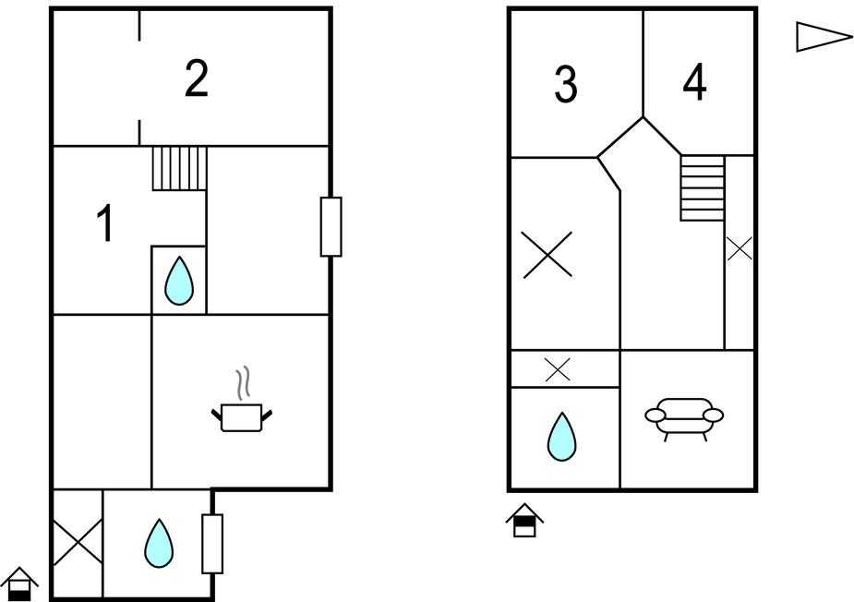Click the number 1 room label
pyautogui.click(x=104, y=223)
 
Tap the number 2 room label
pyautogui.click(x=196, y=78)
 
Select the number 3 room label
pyautogui.click(x=566, y=84)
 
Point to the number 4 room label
pyautogui.click(x=694, y=82)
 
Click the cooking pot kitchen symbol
pyautogui.click(x=242, y=417)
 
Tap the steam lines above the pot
pyautogui.click(x=243, y=382)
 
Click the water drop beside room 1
pyautogui.click(x=179, y=281)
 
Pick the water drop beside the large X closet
pyautogui.click(x=159, y=543)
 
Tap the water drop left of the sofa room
pyautogui.click(x=561, y=437)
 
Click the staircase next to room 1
pyautogui.click(x=179, y=168)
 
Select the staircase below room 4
pyautogui.click(x=702, y=188)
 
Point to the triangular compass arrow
pyautogui.click(x=824, y=37)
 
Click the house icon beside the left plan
pyautogui.click(x=19, y=584)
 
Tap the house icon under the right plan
pyautogui.click(x=524, y=520)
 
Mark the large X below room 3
pyautogui.click(x=547, y=255)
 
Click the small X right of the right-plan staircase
pyautogui.click(x=740, y=248)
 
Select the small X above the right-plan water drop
pyautogui.click(x=558, y=369)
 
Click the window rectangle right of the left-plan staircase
pyautogui.click(x=331, y=226)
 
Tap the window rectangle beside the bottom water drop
pyautogui.click(x=212, y=544)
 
